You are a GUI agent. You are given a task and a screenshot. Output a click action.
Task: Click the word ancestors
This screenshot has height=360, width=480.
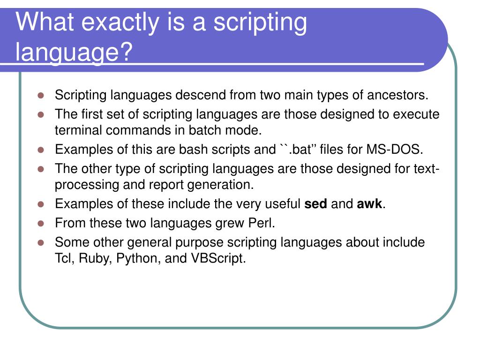click(398, 95)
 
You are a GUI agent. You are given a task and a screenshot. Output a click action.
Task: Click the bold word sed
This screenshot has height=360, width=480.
click(315, 204)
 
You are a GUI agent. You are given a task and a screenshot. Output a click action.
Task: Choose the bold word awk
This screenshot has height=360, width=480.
click(369, 204)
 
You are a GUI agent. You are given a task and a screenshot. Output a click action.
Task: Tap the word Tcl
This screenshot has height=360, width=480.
click(65, 258)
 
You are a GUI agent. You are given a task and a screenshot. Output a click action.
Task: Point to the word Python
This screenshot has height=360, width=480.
click(136, 258)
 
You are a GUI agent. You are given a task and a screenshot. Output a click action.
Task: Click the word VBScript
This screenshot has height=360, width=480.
click(218, 258)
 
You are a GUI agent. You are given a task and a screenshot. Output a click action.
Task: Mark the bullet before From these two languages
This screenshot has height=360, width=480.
click(41, 223)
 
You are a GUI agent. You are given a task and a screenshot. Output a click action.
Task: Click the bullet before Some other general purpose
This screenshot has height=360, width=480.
click(41, 243)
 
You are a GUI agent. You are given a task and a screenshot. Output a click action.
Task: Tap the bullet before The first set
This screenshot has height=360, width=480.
click(41, 114)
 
